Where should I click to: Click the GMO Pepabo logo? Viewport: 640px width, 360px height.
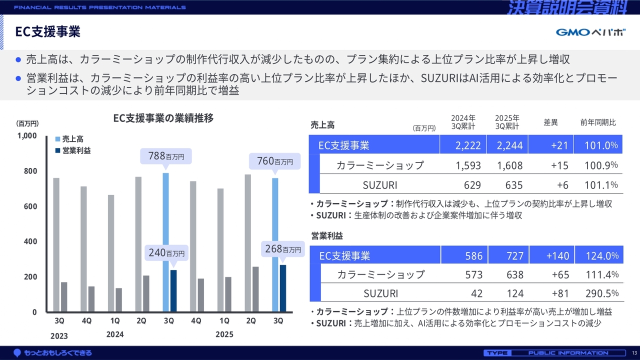click(x=590, y=32)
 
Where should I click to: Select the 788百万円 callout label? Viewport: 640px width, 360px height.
click(x=166, y=156)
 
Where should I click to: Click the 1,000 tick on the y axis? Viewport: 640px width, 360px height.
click(x=27, y=135)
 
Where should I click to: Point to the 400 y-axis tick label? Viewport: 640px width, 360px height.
click(x=30, y=241)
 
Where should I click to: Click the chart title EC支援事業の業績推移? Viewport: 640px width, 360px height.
click(x=163, y=118)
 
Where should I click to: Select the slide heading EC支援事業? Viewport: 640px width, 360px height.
click(x=48, y=32)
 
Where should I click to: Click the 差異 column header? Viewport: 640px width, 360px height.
click(x=550, y=122)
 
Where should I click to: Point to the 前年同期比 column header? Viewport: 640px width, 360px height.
click(x=598, y=122)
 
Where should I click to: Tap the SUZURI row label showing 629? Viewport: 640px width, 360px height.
click(x=380, y=185)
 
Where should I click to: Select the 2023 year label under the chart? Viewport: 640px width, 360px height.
click(x=58, y=336)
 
